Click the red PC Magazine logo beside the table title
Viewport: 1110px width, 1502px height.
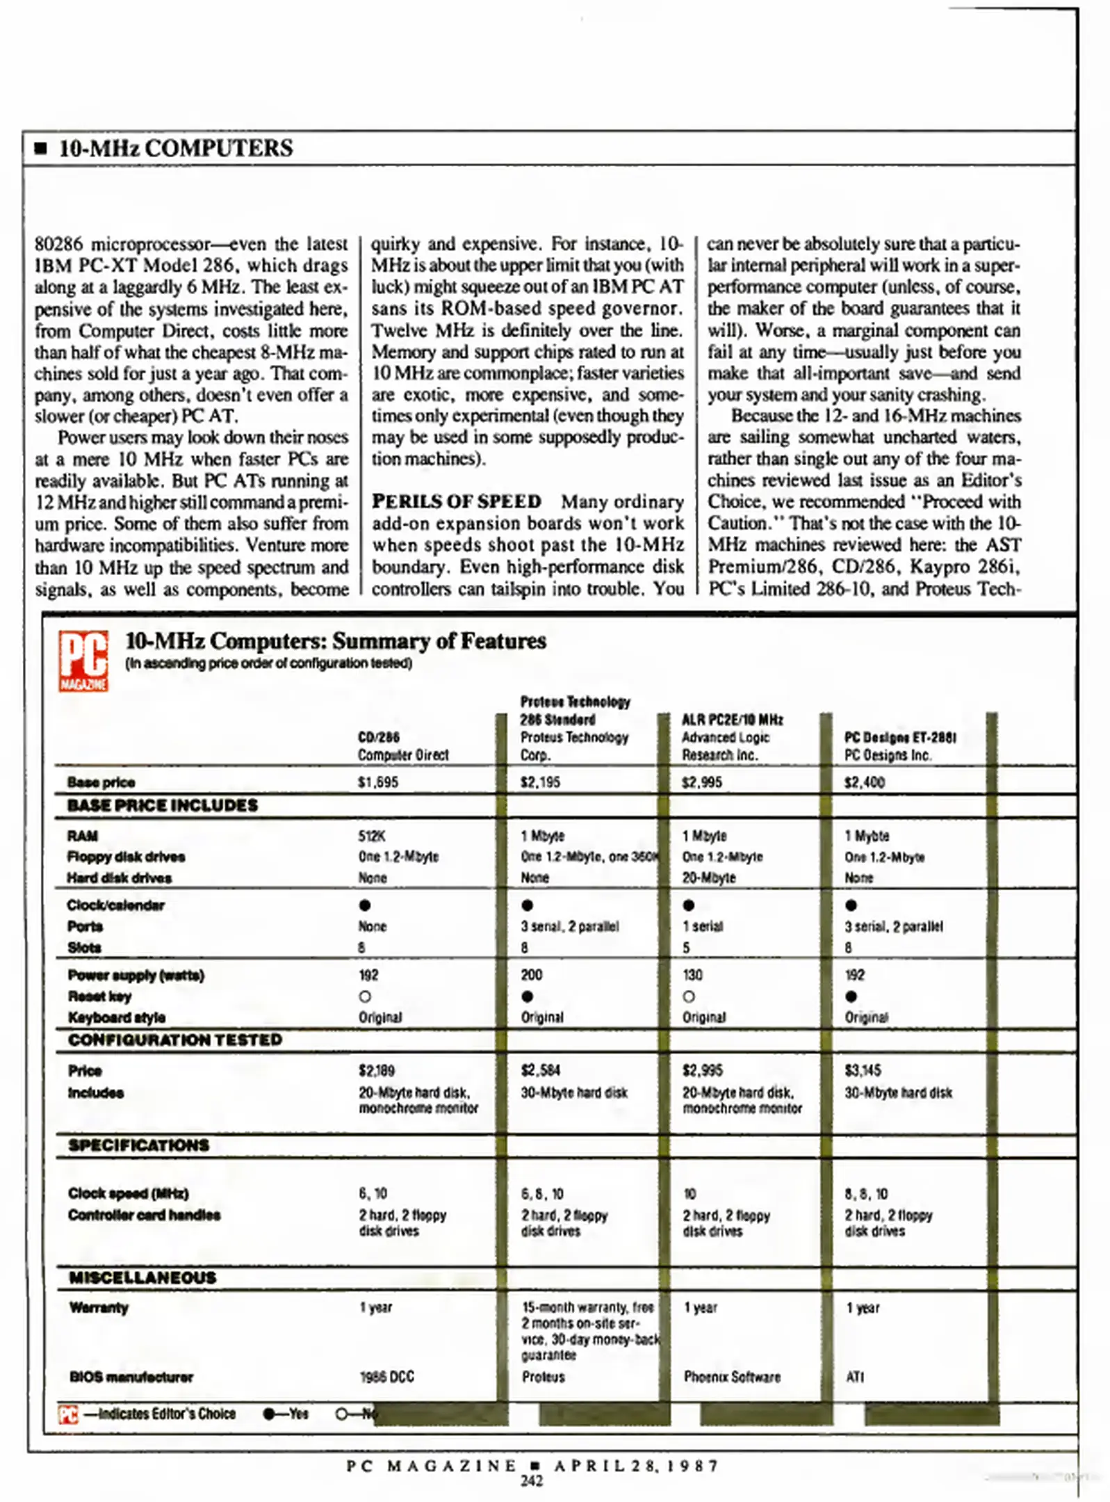(83, 660)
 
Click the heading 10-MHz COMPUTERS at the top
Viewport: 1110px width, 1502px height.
(175, 148)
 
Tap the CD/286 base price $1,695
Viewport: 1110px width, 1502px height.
(377, 782)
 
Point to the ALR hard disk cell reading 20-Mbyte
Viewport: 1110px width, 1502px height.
(708, 878)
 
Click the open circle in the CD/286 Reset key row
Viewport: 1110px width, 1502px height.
(365, 996)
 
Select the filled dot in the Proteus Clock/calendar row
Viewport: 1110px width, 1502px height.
(527, 905)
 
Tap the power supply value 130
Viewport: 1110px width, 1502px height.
(692, 975)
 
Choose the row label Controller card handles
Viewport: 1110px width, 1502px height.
(144, 1215)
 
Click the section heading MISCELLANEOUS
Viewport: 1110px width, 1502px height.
(142, 1277)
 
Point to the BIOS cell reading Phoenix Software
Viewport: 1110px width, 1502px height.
(731, 1377)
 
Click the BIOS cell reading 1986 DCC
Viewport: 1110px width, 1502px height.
(386, 1377)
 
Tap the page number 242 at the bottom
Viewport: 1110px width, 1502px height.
(531, 1481)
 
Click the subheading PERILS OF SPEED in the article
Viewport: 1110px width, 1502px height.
(456, 501)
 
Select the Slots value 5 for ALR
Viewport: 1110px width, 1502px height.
(686, 948)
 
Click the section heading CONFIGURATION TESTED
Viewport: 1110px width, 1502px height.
(174, 1040)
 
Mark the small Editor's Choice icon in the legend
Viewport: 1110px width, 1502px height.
(68, 1414)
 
